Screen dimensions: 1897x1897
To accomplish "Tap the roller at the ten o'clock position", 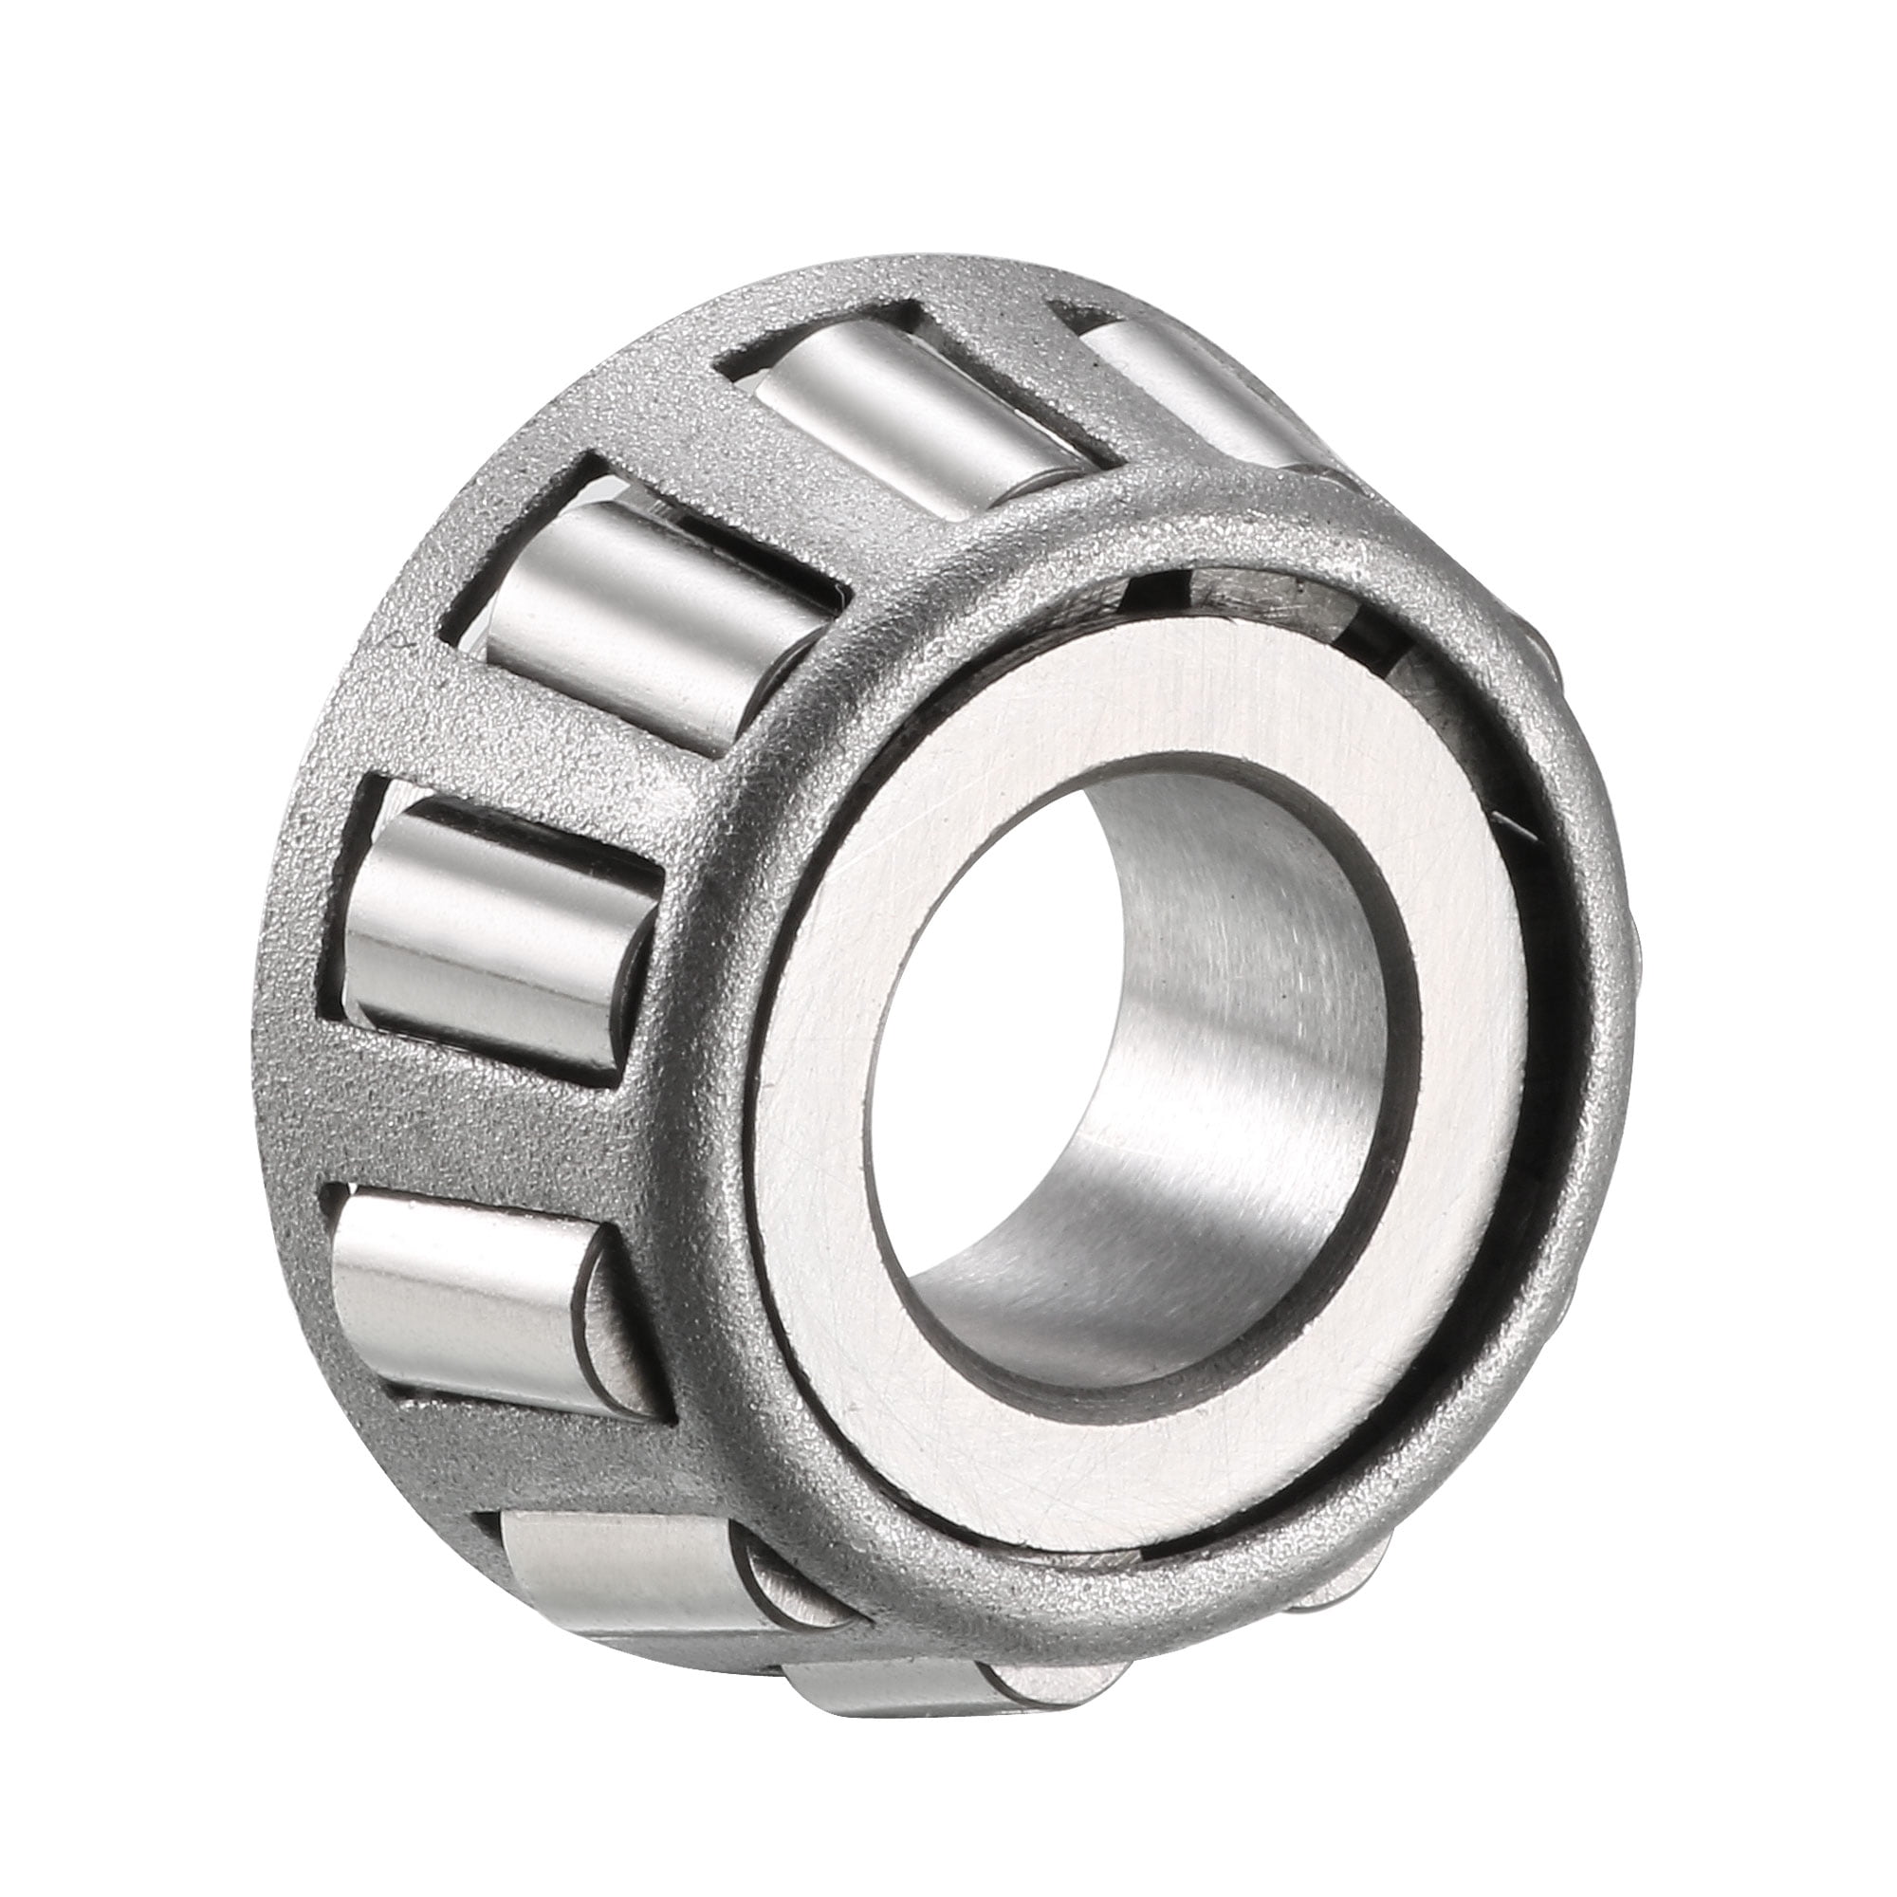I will pyautogui.click(x=648, y=618).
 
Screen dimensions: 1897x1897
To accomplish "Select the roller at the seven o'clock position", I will pyautogui.click(x=629, y=1571).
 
